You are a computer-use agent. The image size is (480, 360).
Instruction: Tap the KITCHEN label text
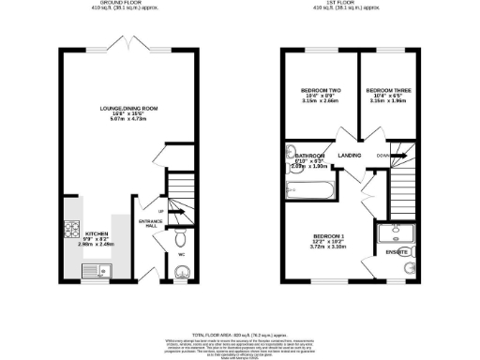tap(97, 232)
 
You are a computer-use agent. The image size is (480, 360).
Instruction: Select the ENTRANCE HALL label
tap(150, 223)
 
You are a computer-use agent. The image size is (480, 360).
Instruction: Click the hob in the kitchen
tap(71, 229)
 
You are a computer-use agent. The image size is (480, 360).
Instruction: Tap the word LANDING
tap(350, 156)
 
